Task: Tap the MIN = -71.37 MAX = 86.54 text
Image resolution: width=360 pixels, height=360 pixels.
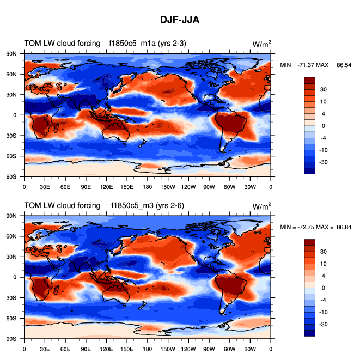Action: click(315, 65)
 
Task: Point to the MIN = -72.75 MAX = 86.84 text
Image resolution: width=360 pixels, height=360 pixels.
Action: click(315, 227)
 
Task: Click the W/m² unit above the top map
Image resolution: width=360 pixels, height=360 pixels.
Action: click(262, 44)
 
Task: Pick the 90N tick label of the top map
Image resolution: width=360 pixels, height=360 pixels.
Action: click(10, 53)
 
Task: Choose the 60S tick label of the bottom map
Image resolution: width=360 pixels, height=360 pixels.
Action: click(10, 319)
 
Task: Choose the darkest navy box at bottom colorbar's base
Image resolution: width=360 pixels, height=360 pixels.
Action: click(310, 333)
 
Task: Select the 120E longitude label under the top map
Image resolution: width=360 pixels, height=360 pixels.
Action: click(106, 187)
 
